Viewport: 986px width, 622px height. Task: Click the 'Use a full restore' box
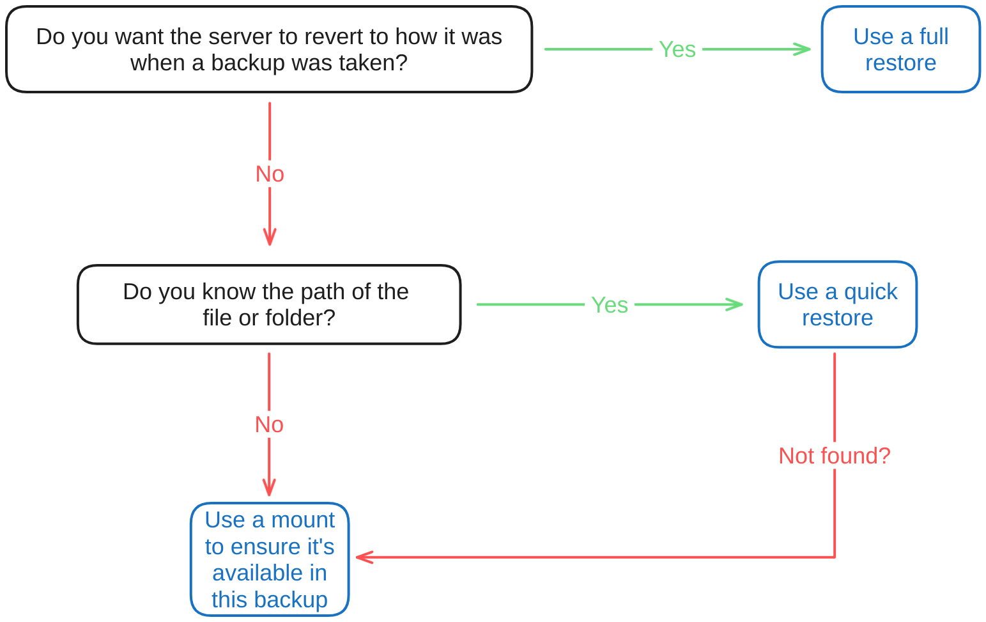(x=900, y=49)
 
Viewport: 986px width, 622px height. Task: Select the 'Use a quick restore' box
(x=837, y=304)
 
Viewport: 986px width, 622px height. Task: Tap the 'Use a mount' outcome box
(x=270, y=559)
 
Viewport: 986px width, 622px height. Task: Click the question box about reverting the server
(x=269, y=49)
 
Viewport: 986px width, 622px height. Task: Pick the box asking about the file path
(x=269, y=304)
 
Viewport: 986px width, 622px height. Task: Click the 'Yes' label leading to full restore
(x=677, y=49)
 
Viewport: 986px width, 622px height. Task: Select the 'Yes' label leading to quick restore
(x=610, y=305)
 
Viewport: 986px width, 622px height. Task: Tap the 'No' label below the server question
(x=270, y=174)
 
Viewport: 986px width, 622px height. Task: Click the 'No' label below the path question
(x=269, y=424)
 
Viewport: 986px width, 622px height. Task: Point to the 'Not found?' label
(x=834, y=456)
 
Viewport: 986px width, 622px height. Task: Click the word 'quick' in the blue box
(x=870, y=292)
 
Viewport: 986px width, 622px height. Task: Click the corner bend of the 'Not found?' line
(x=835, y=557)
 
